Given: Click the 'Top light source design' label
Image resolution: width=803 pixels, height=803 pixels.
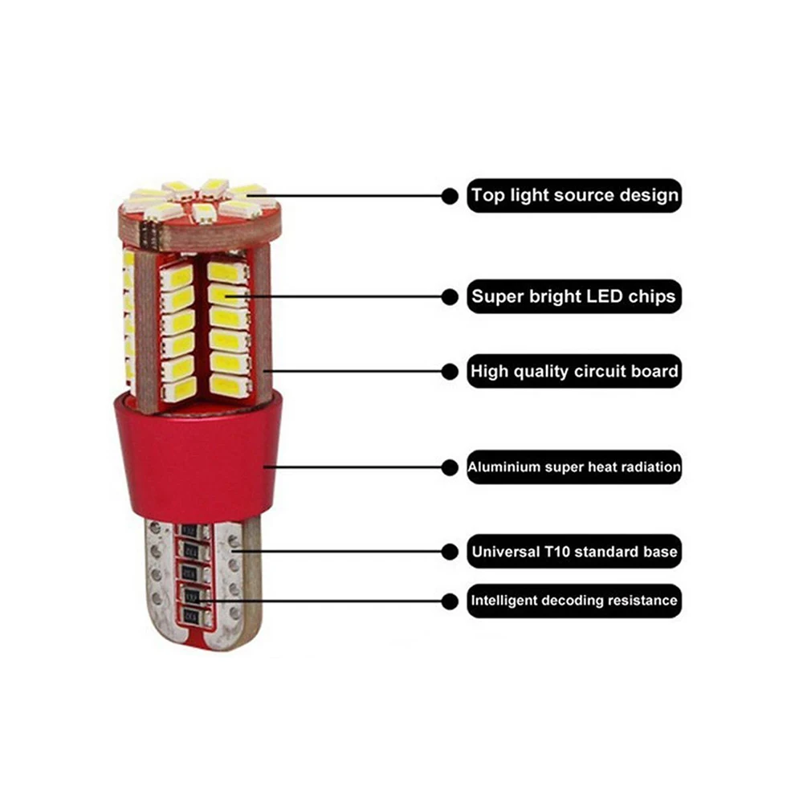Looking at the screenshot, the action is pyautogui.click(x=574, y=195).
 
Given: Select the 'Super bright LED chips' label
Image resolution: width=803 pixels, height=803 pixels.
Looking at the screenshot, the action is pyautogui.click(x=574, y=296).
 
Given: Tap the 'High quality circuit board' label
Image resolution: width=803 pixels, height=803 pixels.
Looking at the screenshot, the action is pyautogui.click(x=574, y=371).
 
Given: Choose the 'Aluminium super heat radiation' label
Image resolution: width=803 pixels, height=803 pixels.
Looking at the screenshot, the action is pyautogui.click(x=574, y=467).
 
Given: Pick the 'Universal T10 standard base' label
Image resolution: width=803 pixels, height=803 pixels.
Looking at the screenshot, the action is pyautogui.click(x=574, y=551).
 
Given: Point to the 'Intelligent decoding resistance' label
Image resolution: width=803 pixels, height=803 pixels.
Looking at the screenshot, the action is pyautogui.click(x=574, y=600).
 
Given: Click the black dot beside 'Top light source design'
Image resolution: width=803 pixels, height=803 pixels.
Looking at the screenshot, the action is pyautogui.click(x=450, y=196).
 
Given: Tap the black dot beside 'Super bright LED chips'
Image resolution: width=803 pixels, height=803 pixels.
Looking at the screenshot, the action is pyautogui.click(x=450, y=296).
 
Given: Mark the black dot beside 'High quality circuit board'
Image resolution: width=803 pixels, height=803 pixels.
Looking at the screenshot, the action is pyautogui.click(x=450, y=371).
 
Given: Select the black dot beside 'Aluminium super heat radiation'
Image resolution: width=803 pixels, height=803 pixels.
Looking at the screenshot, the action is pyautogui.click(x=450, y=467).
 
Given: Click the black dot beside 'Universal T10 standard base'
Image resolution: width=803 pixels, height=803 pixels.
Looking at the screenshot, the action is pyautogui.click(x=450, y=552).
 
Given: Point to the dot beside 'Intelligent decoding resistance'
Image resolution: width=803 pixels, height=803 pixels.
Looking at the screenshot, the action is pyautogui.click(x=450, y=601).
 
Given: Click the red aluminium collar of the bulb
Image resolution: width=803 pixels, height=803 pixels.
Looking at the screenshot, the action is pyautogui.click(x=198, y=456).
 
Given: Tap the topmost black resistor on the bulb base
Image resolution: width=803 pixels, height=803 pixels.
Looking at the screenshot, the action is pyautogui.click(x=190, y=531).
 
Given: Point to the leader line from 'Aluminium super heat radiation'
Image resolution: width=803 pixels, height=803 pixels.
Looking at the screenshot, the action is pyautogui.click(x=353, y=467).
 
